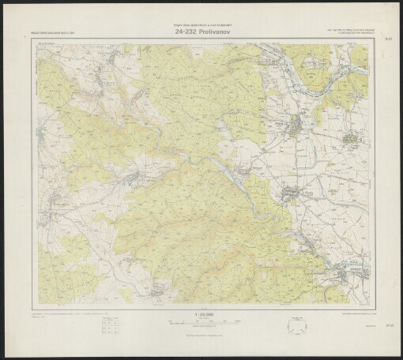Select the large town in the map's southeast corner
coord(346,274)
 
